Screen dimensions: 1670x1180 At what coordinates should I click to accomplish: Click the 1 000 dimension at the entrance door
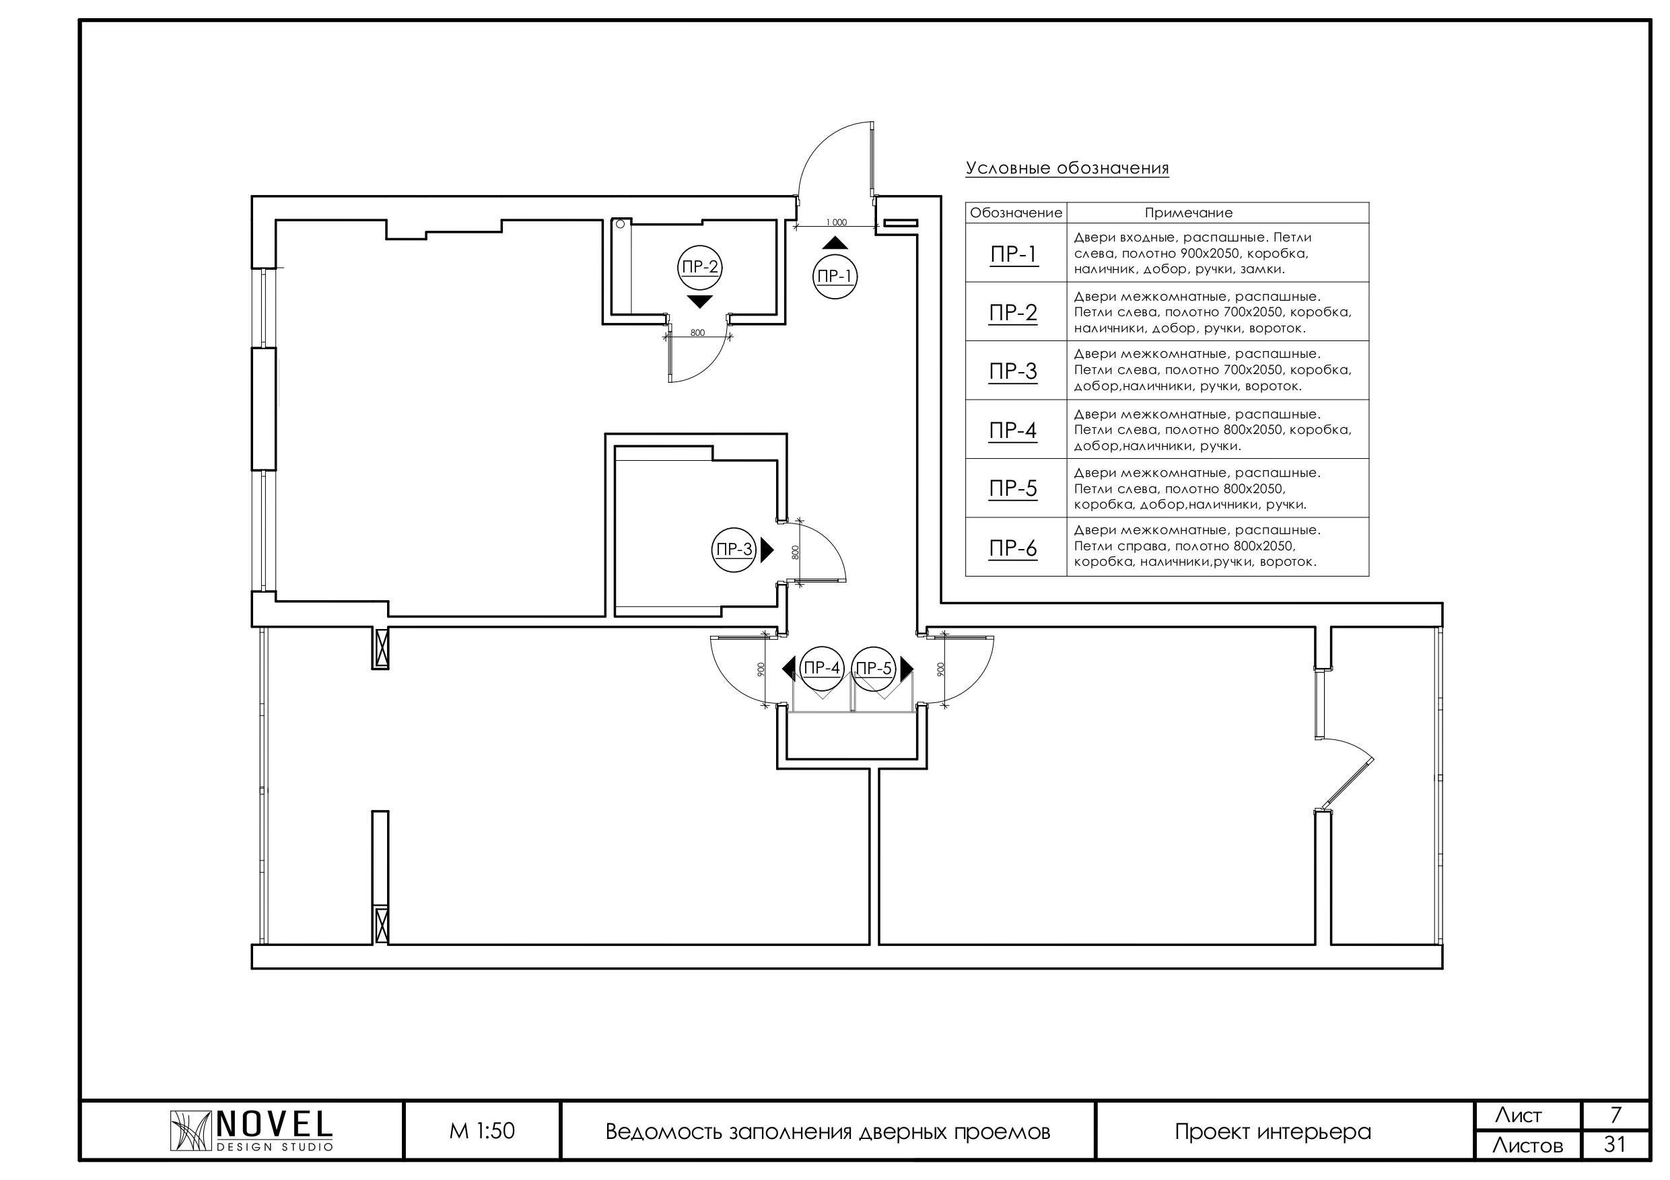pos(837,223)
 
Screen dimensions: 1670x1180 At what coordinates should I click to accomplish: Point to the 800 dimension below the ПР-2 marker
pos(697,333)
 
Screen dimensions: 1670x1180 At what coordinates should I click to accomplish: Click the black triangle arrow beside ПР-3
pos(767,550)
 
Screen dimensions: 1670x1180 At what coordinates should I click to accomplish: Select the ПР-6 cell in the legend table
pos(1014,548)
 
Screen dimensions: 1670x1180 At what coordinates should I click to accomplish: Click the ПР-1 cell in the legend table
pos(1014,254)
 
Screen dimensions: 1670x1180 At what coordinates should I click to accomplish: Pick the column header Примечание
pos(1189,213)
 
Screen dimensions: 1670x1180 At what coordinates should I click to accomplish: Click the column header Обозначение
pos(1016,213)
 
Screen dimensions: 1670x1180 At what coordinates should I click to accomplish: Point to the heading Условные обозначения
pos(1067,169)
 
